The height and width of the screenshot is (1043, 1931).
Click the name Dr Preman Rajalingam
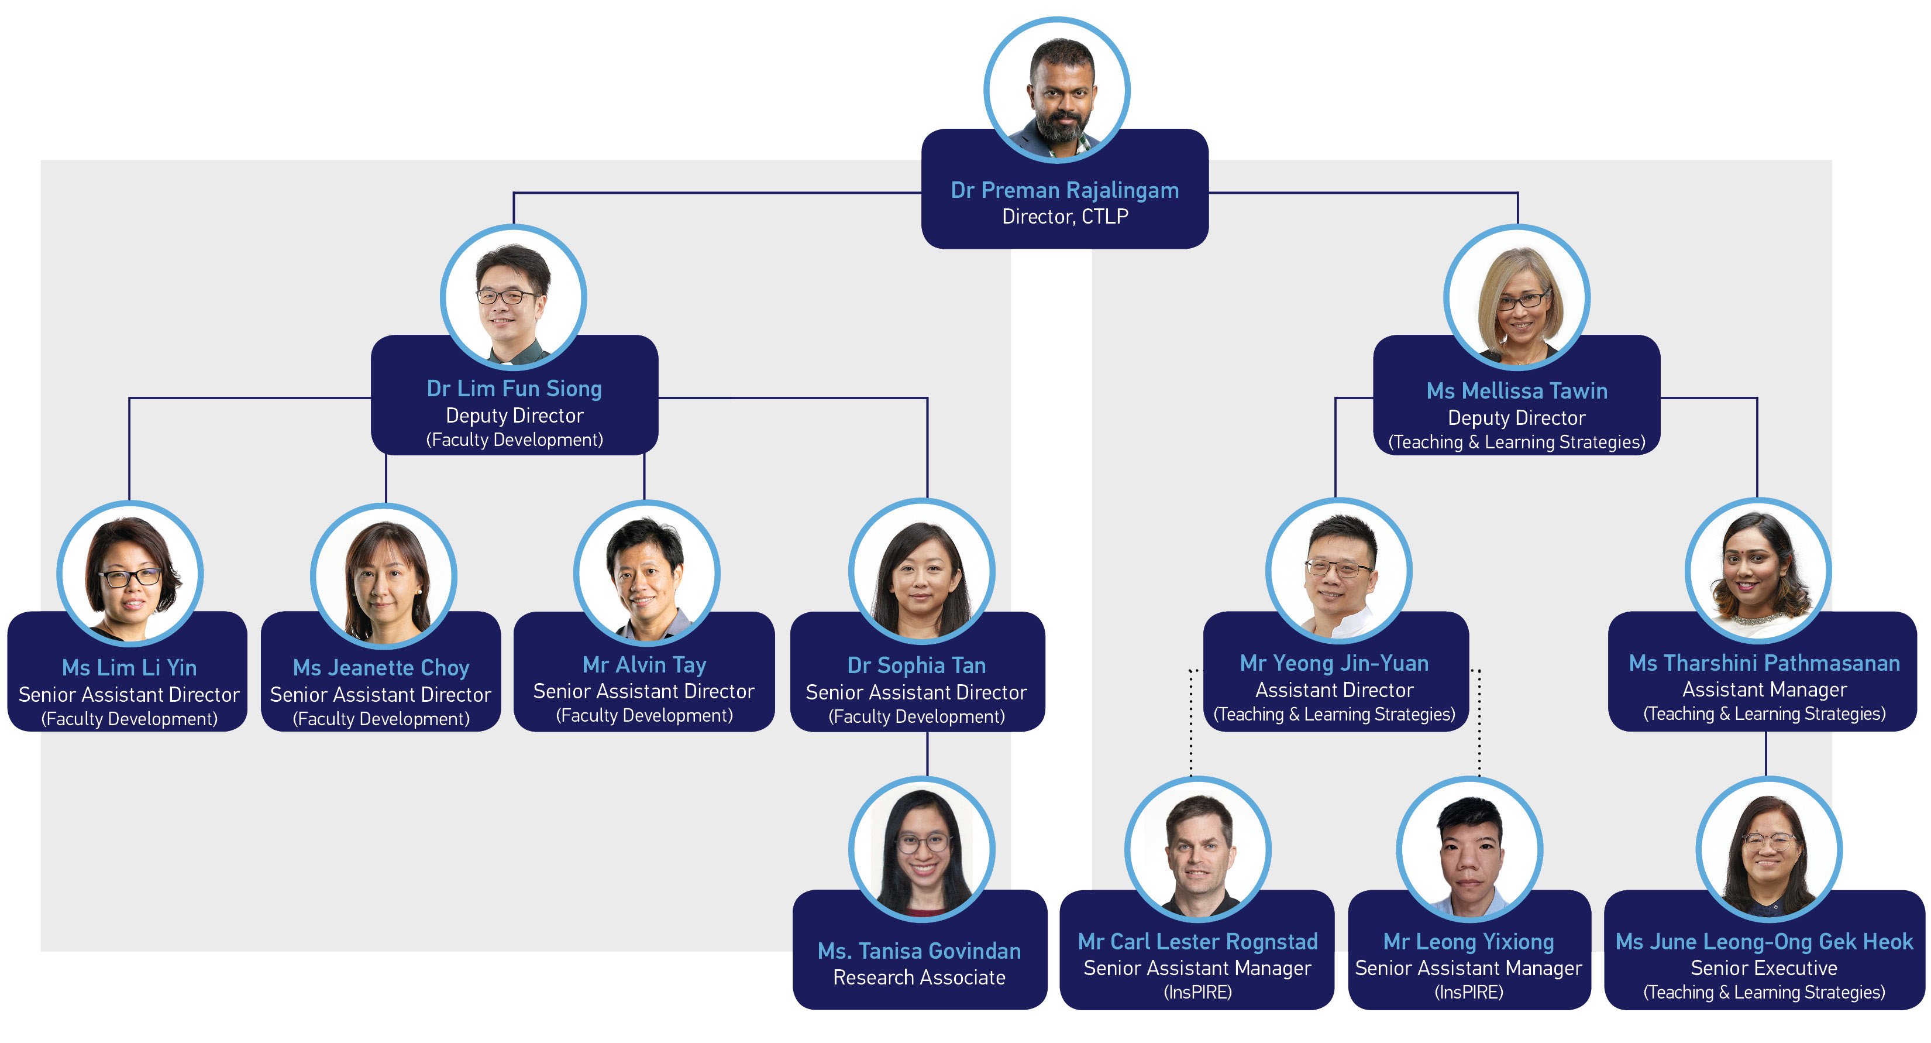(x=1065, y=190)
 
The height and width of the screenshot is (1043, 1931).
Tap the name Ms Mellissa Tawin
(x=1516, y=390)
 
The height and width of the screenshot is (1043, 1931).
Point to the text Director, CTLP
(x=1065, y=217)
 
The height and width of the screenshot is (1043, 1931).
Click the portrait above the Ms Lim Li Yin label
(x=130, y=574)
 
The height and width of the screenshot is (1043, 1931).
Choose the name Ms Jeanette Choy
(x=381, y=667)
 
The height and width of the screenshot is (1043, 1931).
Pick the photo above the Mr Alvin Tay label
(x=646, y=573)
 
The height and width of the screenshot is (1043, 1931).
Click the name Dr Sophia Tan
(x=916, y=665)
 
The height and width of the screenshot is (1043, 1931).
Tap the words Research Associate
(x=919, y=977)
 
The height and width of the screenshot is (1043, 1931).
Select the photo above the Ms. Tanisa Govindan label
(x=921, y=849)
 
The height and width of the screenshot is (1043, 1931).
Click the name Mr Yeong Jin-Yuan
(x=1334, y=663)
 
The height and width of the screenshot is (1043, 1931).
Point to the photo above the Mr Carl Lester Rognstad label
(x=1197, y=849)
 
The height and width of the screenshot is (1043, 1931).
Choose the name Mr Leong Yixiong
(x=1468, y=941)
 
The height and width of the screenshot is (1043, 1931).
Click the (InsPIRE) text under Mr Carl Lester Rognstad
(x=1197, y=992)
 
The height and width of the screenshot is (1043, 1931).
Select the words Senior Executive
(x=1764, y=968)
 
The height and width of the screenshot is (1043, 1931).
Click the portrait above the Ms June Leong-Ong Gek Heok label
(x=1768, y=849)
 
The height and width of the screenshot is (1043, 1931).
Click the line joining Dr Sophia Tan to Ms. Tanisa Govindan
(x=927, y=754)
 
